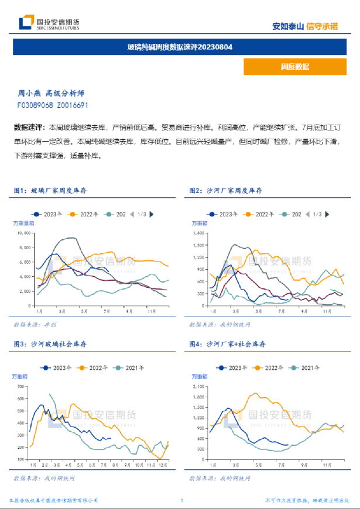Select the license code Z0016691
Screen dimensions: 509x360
tap(73, 105)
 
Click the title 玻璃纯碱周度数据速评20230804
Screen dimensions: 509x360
tap(180, 47)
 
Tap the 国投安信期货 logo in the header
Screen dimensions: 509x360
tap(49, 23)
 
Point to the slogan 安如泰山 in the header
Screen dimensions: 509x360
tap(288, 26)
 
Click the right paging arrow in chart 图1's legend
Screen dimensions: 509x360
tap(152, 215)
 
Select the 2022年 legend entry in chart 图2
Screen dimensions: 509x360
tap(262, 215)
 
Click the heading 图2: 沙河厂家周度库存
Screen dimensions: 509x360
tap(225, 191)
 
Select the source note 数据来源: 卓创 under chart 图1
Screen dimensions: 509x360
tap(35, 324)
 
